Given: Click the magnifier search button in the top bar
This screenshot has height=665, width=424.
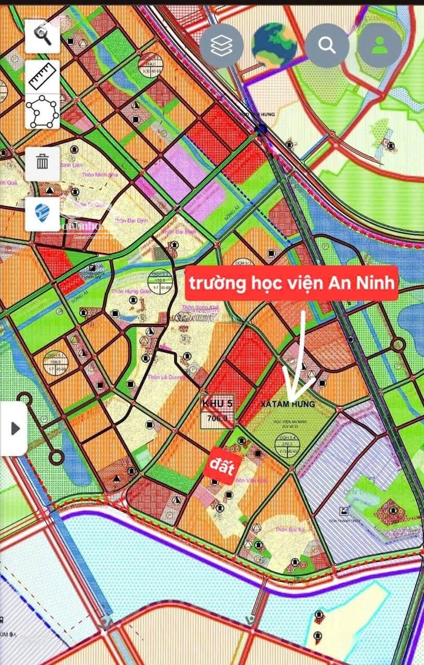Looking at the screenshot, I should pyautogui.click(x=327, y=45).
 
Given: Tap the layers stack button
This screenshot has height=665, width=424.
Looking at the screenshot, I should pyautogui.click(x=222, y=46).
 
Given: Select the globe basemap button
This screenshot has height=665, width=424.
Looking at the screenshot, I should pyautogui.click(x=274, y=45).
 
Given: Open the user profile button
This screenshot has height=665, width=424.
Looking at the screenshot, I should pyautogui.click(x=380, y=45).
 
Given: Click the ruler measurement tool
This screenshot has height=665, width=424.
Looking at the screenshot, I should pyautogui.click(x=42, y=76).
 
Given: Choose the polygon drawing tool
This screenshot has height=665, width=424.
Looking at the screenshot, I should pyautogui.click(x=42, y=111).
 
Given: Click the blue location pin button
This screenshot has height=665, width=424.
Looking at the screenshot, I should pyautogui.click(x=42, y=213).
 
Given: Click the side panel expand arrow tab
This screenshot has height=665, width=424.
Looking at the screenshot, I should pyautogui.click(x=14, y=429).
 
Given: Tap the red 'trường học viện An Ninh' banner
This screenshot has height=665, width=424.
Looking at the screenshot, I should pyautogui.click(x=292, y=284).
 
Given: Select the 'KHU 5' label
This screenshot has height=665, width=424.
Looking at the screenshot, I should pyautogui.click(x=218, y=403).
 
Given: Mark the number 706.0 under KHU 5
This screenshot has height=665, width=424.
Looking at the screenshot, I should pyautogui.click(x=218, y=419).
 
